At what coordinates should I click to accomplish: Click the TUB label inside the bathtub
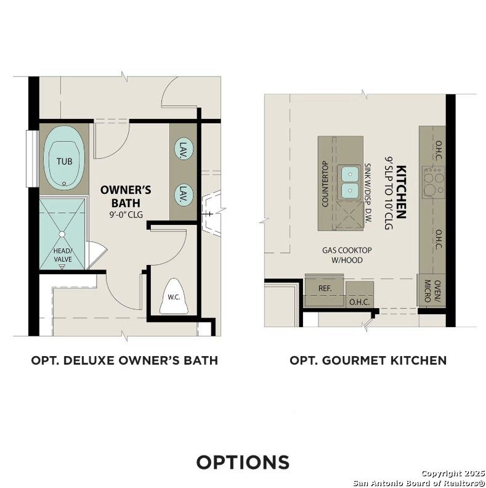coord(64,161)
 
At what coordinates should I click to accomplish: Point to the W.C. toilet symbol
coord(173,297)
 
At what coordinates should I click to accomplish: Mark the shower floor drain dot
coord(62,234)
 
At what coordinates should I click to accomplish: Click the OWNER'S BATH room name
coord(126,195)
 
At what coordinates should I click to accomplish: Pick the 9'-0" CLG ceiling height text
coord(126,214)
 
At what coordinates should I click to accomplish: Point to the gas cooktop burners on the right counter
coord(432,182)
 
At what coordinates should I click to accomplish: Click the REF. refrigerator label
coord(325,288)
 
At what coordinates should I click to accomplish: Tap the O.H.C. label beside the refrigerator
coord(359,302)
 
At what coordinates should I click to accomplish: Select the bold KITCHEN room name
coord(400,192)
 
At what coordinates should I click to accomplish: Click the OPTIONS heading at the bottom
coord(243,462)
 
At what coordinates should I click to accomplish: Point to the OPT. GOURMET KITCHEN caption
coord(368,360)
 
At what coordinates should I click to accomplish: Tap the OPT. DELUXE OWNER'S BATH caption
coord(124,360)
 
